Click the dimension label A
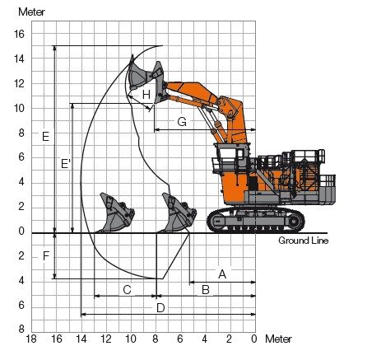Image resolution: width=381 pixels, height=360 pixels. (x=222, y=274)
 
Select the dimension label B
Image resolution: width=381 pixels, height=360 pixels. (x=206, y=290)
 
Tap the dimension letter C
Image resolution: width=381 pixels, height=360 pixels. (x=127, y=290)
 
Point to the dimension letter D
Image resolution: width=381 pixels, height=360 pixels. (x=160, y=308)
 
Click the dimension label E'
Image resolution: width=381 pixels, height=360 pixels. (x=66, y=164)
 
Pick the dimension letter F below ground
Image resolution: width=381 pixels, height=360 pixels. (x=46, y=256)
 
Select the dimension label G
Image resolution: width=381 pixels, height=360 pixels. (x=182, y=122)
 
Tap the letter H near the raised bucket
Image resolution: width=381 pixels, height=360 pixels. (x=146, y=95)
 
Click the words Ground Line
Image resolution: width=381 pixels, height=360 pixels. (x=303, y=241)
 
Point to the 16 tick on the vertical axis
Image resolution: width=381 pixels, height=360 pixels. (x=19, y=34)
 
